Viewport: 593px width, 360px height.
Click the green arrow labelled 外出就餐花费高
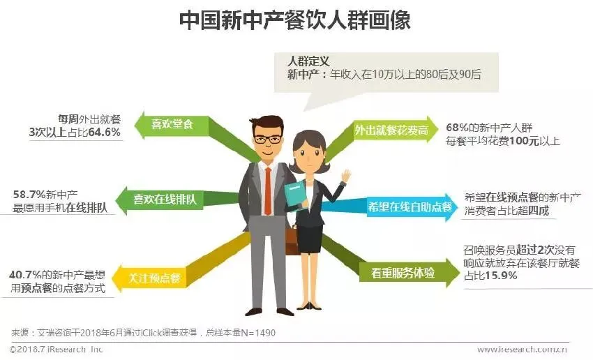pyautogui.click(x=387, y=129)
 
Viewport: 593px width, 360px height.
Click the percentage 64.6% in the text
pyautogui.click(x=104, y=131)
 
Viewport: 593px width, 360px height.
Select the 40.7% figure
pyautogui.click(x=26, y=274)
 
